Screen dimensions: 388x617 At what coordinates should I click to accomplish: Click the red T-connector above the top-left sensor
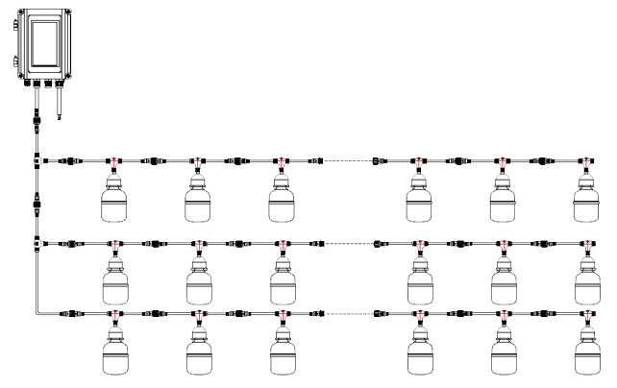[114, 161]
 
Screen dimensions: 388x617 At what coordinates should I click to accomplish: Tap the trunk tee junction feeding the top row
[37, 160]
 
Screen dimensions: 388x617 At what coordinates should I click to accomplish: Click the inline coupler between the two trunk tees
[37, 203]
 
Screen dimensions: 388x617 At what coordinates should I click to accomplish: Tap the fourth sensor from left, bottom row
[419, 354]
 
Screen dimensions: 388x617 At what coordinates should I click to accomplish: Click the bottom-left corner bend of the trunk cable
[37, 312]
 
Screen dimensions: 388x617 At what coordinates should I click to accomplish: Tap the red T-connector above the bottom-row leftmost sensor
[114, 314]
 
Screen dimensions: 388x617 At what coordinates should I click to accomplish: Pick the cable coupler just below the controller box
[37, 121]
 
